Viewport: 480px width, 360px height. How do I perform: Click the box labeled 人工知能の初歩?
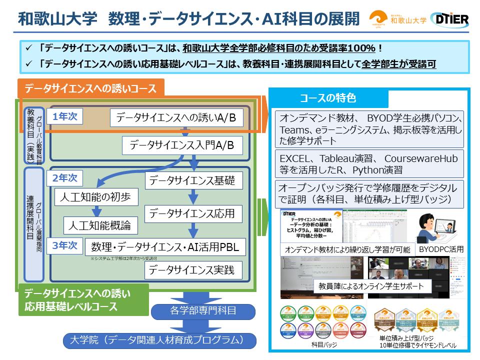click(96, 197)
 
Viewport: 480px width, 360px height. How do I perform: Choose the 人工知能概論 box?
click(101, 224)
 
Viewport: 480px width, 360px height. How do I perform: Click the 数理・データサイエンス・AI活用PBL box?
click(165, 246)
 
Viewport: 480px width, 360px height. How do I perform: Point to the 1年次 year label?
click(65, 116)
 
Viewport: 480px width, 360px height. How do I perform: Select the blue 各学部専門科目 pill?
click(203, 310)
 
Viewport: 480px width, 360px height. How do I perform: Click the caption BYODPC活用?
click(441, 249)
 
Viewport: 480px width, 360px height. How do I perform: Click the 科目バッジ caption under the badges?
click(324, 345)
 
